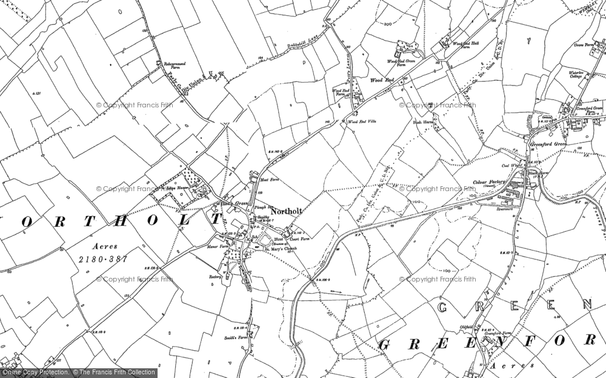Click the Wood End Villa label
[362, 122]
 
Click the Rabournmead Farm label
[176, 66]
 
